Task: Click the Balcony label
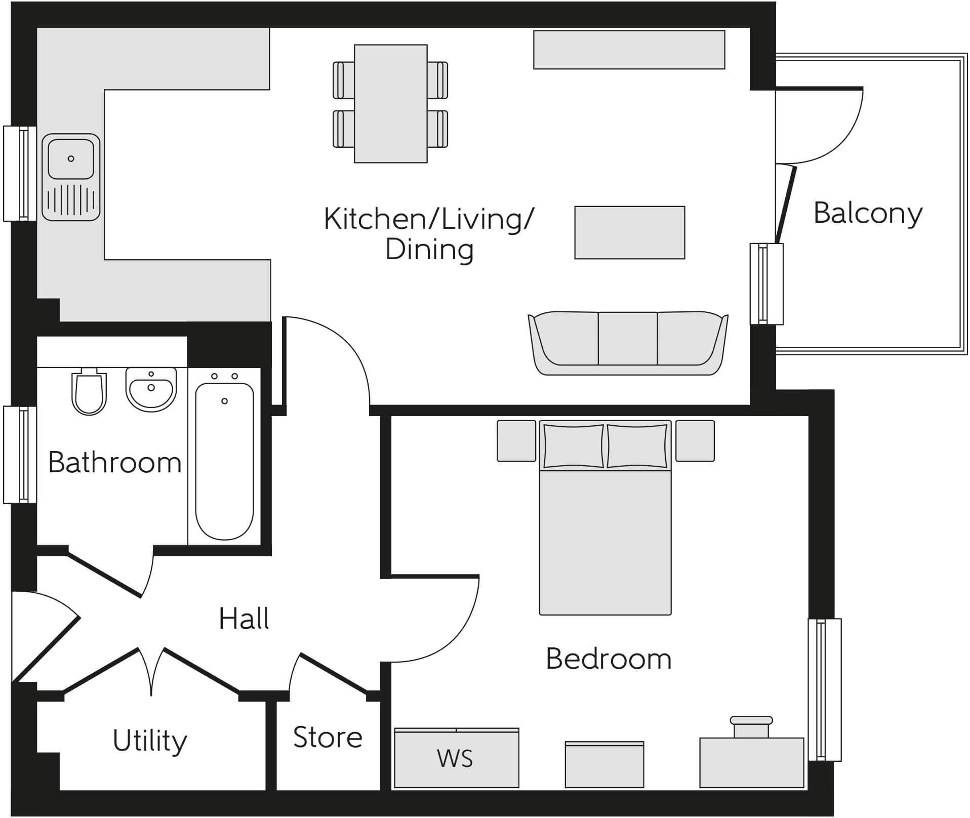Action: [x=868, y=214]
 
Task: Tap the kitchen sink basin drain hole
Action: [x=71, y=158]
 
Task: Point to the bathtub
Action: [x=224, y=461]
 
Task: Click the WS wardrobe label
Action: [x=455, y=759]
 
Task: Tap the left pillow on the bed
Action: [x=574, y=446]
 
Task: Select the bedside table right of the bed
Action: [x=695, y=441]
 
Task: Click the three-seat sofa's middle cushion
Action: [x=628, y=338]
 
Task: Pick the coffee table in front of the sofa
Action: [x=629, y=232]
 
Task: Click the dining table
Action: [x=390, y=103]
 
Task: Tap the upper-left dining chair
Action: [x=343, y=80]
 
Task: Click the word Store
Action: [x=328, y=737]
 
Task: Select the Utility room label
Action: [x=150, y=741]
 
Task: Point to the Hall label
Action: [x=244, y=619]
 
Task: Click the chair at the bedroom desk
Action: [x=751, y=727]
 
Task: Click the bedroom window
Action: [x=824, y=689]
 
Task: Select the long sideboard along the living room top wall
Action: [x=629, y=50]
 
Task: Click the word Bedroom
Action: [x=609, y=659]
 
